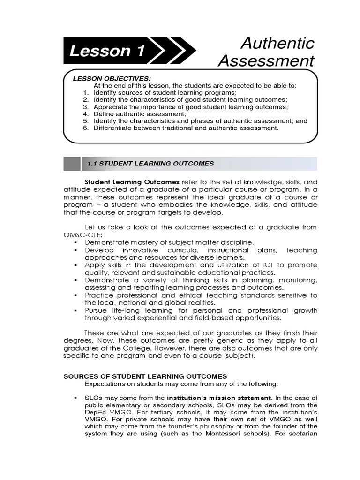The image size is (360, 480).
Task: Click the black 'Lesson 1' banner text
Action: pos(107,51)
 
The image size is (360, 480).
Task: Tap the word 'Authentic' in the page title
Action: pos(277,43)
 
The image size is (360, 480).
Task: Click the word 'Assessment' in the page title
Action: pos(267,61)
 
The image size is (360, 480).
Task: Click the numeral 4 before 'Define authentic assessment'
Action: pos(86,114)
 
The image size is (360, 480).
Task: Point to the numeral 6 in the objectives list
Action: pos(86,127)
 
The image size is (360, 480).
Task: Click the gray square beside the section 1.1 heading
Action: pos(72,164)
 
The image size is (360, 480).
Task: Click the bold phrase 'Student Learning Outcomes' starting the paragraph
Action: pos(132,181)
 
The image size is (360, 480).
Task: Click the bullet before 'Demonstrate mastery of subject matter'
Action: pos(75,242)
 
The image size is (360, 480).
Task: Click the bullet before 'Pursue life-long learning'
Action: pos(75,310)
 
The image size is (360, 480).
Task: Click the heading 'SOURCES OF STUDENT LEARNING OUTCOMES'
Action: pos(145,376)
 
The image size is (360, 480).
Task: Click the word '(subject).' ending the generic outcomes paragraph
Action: pos(239,356)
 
